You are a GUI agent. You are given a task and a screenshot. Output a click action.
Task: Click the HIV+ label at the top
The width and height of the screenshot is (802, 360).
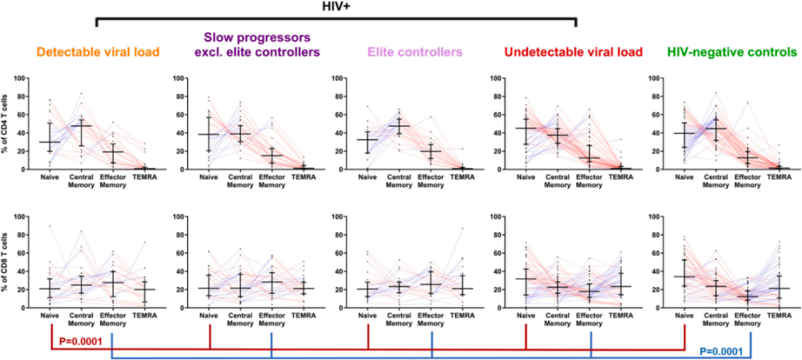[336, 7]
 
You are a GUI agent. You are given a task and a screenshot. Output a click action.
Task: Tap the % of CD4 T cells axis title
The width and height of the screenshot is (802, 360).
[8, 124]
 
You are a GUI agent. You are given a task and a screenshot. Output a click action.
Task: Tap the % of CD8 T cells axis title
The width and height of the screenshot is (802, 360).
[8, 262]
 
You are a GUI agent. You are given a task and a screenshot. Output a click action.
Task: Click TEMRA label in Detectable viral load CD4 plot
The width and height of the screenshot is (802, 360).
[144, 177]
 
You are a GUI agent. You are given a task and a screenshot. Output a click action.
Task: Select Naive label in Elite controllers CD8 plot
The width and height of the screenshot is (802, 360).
[368, 315]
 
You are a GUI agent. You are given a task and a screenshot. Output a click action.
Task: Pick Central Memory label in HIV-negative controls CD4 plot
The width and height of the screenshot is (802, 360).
[716, 180]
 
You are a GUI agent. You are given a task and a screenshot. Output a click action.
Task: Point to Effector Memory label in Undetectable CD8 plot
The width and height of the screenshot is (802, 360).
[591, 318]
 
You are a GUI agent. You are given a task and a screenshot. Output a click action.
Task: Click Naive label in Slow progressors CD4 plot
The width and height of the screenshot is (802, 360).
[209, 177]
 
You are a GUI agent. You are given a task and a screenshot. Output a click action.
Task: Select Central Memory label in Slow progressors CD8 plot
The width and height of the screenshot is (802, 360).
[240, 318]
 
